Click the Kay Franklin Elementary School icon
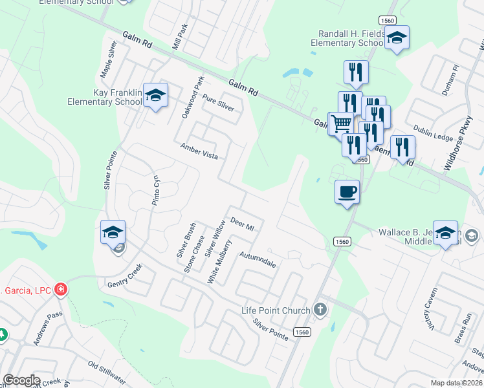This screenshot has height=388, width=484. click(x=155, y=96)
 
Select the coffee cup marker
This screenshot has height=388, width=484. click(x=347, y=192)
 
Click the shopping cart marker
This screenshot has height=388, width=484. click(x=341, y=124)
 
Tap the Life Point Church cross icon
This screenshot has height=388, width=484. click(x=319, y=309)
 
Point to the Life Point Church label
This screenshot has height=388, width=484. click(x=276, y=310)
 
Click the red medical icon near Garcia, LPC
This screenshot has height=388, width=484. click(x=61, y=288)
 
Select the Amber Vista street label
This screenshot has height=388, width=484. click(x=199, y=152)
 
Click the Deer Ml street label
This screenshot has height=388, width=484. click(x=243, y=224)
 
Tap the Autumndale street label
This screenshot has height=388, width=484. click(x=258, y=261)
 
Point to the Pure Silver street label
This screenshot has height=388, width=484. click(x=218, y=103)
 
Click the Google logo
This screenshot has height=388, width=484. click(x=21, y=380)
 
